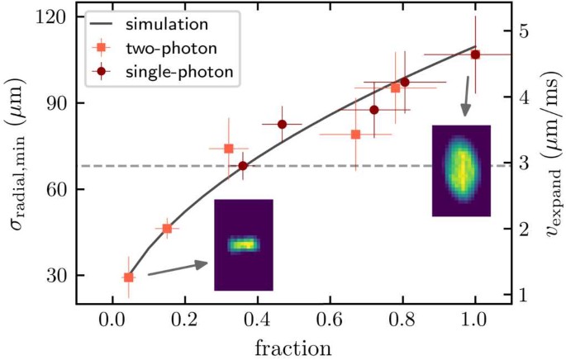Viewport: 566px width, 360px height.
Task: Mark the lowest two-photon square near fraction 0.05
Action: click(x=128, y=277)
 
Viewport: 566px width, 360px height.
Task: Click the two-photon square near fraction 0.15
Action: click(x=167, y=228)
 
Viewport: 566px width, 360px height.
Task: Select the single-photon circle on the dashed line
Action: click(x=243, y=166)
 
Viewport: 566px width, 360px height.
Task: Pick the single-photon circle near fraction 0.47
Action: click(x=282, y=125)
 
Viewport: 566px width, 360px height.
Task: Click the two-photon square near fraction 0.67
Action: click(x=355, y=134)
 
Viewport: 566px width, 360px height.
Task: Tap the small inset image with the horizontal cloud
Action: click(x=243, y=244)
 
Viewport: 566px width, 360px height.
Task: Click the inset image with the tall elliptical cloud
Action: click(x=461, y=171)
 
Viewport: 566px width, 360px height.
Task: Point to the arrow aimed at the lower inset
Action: click(x=178, y=268)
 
